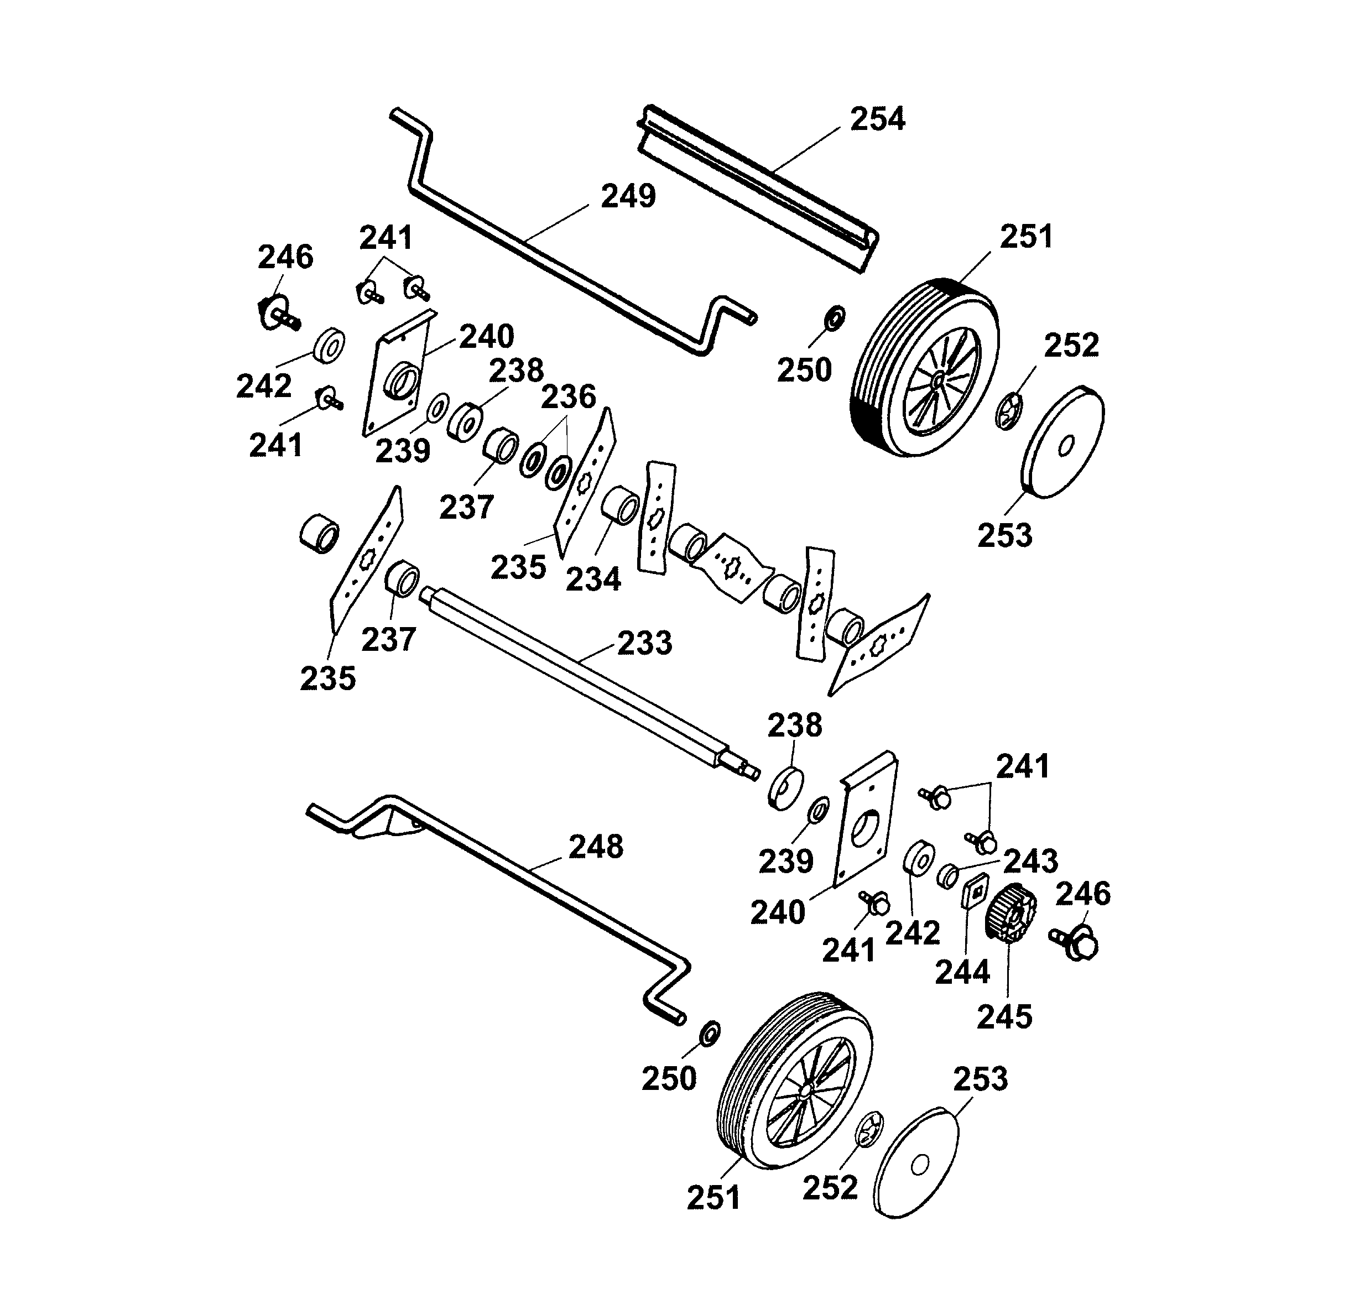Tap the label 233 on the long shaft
point(644,643)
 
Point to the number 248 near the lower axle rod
point(595,847)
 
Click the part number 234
point(592,579)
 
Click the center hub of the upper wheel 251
point(939,379)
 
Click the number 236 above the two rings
point(567,396)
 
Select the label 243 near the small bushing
point(1030,861)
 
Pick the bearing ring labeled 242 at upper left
point(329,345)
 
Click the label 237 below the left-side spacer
point(388,640)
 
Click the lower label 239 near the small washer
point(785,861)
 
